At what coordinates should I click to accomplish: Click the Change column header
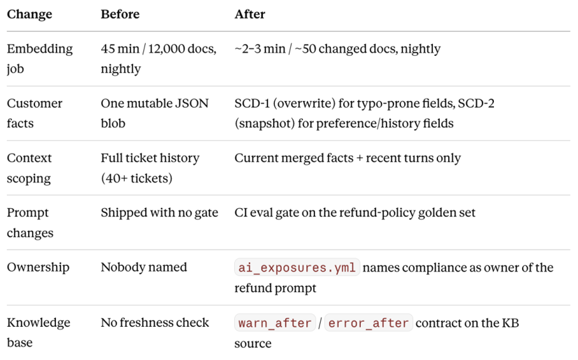(29, 14)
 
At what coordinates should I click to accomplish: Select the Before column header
(120, 14)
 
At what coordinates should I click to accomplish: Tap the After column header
(250, 14)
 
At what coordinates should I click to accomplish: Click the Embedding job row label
(40, 58)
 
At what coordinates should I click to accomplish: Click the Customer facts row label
(35, 113)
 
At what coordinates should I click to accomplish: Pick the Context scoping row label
(29, 168)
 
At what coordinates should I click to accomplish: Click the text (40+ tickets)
(136, 178)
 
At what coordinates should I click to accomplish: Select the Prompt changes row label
(30, 223)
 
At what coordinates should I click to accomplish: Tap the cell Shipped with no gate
(159, 213)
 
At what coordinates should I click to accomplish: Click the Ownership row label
(38, 268)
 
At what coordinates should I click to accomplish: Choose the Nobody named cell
(144, 267)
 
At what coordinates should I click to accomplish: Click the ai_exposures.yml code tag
(297, 268)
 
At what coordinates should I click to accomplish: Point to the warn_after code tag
(275, 323)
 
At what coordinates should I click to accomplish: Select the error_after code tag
(368, 323)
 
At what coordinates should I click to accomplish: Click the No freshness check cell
(155, 322)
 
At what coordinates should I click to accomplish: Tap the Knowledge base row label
(38, 332)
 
